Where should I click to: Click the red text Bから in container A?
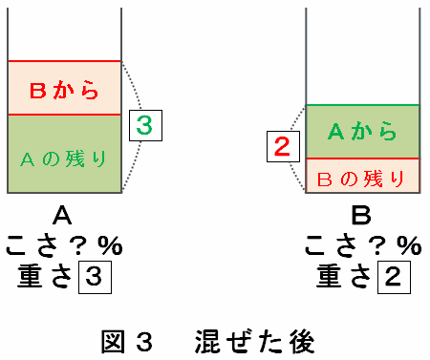click(64, 90)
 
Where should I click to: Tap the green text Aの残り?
click(63, 159)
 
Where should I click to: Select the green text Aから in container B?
click(362, 131)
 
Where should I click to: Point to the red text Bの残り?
click(361, 179)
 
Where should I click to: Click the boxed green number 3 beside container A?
click(145, 125)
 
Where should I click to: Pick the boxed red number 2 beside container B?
click(283, 146)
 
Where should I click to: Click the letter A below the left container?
click(62, 216)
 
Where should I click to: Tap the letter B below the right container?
click(361, 216)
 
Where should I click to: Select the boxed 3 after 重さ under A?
click(95, 277)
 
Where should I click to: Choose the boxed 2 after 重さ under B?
click(394, 277)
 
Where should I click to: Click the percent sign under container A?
click(110, 245)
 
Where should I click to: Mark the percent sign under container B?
click(409, 245)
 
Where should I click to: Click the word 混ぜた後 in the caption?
click(254, 342)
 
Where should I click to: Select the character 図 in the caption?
click(113, 342)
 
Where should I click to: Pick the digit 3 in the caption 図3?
click(143, 342)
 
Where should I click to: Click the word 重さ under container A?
click(45, 277)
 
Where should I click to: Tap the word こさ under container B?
click(333, 245)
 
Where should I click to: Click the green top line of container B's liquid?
click(362, 105)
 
